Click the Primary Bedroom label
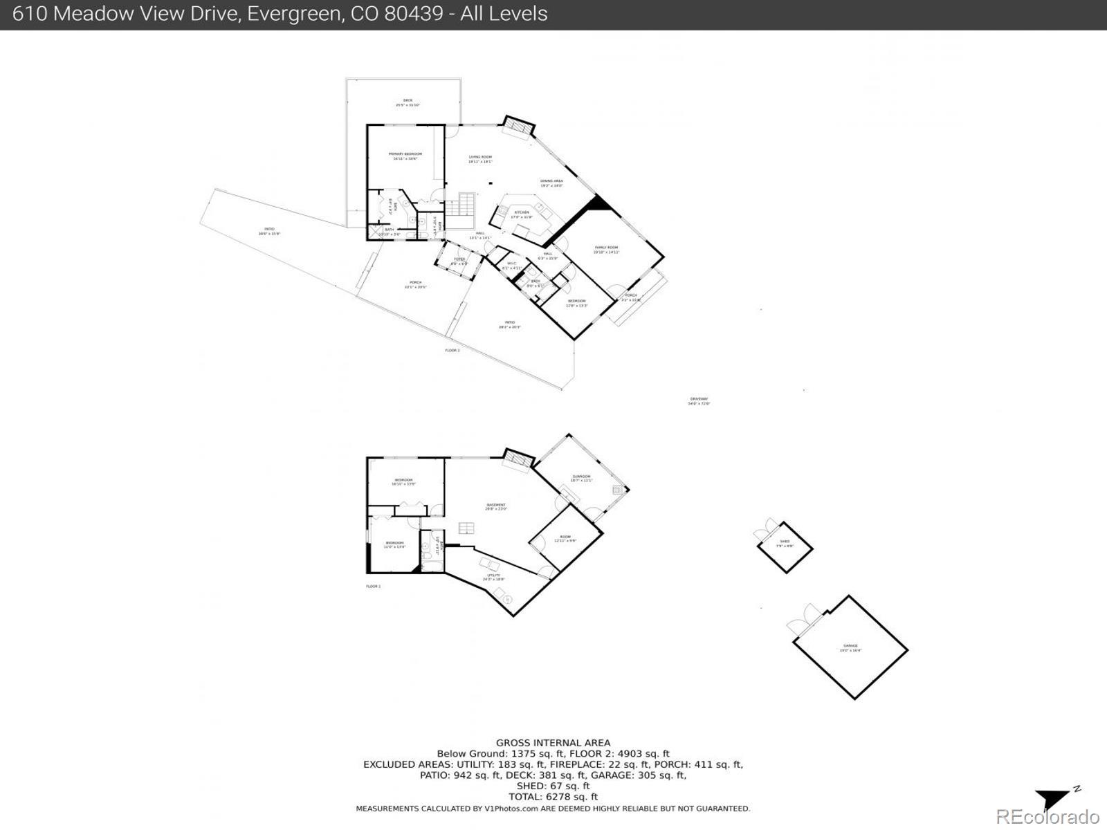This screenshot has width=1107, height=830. point(405,154)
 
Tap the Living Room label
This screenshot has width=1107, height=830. point(480,158)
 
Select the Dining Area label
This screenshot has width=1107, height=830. point(551,181)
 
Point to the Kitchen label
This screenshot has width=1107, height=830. point(522,213)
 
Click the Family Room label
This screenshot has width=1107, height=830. point(607,248)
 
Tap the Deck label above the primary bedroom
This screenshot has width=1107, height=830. point(408,101)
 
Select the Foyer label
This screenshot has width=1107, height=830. point(459,260)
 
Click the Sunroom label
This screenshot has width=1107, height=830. point(581,477)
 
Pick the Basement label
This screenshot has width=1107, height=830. point(496,506)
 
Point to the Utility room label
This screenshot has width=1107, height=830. point(493,575)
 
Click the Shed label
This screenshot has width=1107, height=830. point(785,542)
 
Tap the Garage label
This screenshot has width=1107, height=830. point(850,646)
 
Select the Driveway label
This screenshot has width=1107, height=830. point(699,399)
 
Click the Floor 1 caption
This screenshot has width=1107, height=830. point(374,587)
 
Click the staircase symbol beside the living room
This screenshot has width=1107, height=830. point(461,205)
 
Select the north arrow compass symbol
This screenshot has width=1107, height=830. point(1055,797)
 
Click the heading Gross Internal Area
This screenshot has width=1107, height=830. point(553,744)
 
